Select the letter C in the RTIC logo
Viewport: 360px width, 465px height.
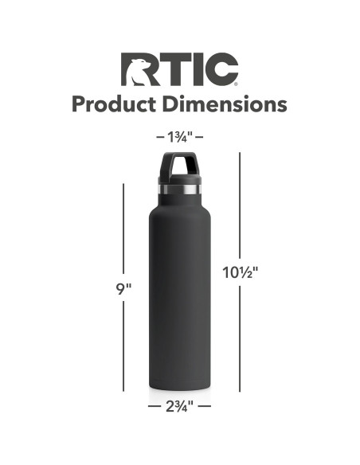tap(221, 70)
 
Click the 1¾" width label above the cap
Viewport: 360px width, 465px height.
tap(180, 136)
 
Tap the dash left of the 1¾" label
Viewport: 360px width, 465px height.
tap(160, 137)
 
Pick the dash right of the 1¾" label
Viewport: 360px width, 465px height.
tap(200, 137)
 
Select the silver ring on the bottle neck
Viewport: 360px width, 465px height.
tap(180, 190)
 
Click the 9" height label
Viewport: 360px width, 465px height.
tap(123, 289)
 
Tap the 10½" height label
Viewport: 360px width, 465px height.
tap(241, 272)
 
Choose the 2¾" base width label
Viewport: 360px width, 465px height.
tap(180, 406)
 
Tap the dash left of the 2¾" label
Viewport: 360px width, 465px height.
tap(155, 406)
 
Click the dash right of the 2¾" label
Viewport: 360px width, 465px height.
tap(205, 406)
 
